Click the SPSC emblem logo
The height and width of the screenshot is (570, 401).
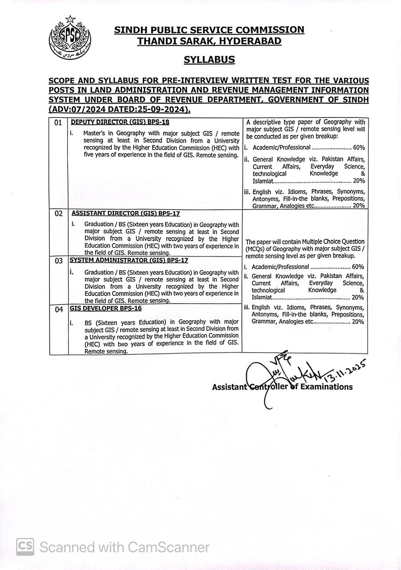point(69,39)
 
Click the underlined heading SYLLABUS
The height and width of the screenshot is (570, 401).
point(209,59)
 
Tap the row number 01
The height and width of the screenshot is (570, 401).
point(58,123)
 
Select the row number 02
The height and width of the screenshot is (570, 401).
point(59,214)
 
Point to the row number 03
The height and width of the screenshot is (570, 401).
point(59,261)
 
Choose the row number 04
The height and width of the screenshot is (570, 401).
point(59,309)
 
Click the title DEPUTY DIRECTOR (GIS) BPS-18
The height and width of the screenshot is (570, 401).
point(120,122)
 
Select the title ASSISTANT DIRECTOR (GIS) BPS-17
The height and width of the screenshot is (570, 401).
point(126,213)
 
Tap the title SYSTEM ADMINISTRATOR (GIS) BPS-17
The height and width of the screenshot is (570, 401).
point(129,260)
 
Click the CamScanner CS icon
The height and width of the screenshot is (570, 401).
point(25,546)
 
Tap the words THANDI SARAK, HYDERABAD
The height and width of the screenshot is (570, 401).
point(209,41)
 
